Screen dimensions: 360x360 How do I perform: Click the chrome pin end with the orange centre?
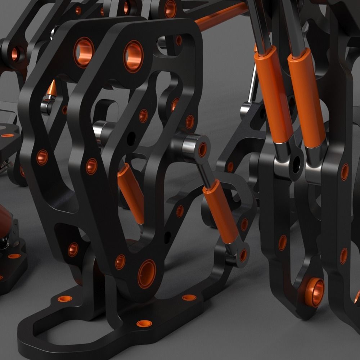[x=202, y=149]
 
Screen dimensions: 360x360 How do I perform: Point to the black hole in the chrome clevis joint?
[x=297, y=164]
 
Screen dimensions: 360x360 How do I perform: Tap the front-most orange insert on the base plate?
[x=143, y=323]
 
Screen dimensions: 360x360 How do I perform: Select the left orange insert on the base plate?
[x=65, y=298]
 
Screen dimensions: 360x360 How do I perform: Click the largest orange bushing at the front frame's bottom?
[x=147, y=274]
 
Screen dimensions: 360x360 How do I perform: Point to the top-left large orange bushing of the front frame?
[x=84, y=52]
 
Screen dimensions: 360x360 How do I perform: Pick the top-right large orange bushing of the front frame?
[x=133, y=56]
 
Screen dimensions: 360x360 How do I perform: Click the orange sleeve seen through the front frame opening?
[x=131, y=193]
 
